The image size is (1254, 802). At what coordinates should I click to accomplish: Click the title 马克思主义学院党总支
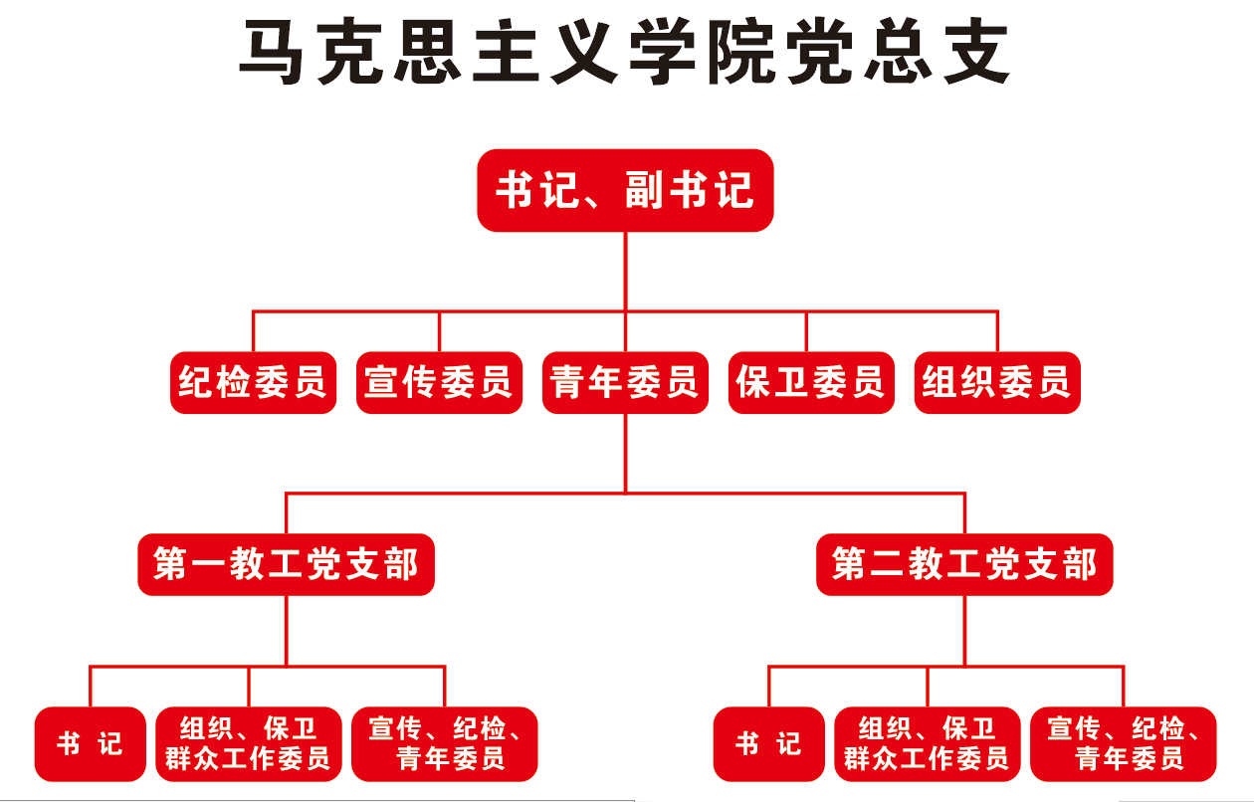tap(625, 52)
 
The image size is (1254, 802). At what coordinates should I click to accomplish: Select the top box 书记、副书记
tap(625, 190)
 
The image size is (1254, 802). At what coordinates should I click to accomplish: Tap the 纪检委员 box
tap(253, 382)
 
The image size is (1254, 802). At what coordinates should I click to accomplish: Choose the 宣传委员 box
tap(439, 382)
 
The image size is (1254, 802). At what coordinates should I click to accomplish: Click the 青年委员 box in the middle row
tap(625, 382)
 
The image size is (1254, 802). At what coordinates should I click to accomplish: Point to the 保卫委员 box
tap(811, 382)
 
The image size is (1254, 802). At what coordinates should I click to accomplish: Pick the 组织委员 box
tap(997, 382)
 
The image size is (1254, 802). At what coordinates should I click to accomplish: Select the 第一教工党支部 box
tap(286, 565)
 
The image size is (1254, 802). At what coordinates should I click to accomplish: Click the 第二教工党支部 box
tap(964, 565)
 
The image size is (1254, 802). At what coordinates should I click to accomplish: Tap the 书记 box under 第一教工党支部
tap(90, 743)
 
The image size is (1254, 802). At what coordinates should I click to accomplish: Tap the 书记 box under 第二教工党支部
tap(768, 743)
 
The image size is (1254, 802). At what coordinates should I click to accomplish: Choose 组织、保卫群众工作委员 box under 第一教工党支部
tap(249, 743)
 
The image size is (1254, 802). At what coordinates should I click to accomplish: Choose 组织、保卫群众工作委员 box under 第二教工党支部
tap(928, 743)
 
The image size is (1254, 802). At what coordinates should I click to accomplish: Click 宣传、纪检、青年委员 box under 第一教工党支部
tap(445, 743)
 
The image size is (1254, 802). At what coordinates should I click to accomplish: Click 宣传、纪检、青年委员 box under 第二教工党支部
tap(1124, 743)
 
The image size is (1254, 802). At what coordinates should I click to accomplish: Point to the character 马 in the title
tap(272, 52)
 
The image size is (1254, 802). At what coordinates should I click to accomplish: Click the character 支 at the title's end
tap(977, 52)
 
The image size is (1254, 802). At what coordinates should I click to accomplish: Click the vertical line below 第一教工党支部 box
tap(287, 629)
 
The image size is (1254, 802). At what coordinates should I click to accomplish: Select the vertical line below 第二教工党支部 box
tap(964, 629)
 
